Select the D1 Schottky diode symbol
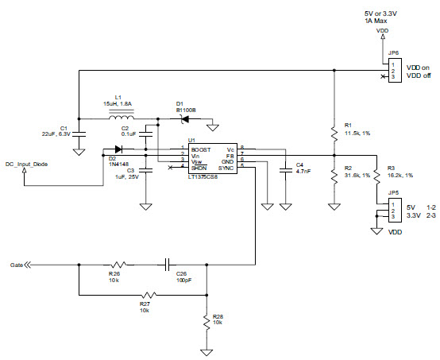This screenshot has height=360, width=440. tap(185, 119)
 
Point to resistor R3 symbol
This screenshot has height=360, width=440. tap(376, 177)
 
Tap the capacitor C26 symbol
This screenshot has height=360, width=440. tap(168, 262)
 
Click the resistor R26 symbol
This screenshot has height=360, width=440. tap(118, 263)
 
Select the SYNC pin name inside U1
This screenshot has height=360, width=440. tap(226, 168)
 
